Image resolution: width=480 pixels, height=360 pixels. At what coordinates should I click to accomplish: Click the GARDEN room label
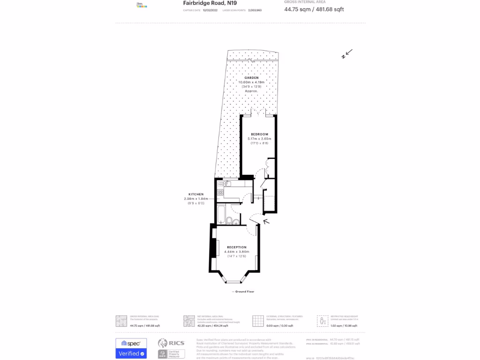point(251,78)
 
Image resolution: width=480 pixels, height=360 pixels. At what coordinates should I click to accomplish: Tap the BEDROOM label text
point(259,135)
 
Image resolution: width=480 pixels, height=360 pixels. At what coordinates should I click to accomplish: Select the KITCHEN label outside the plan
point(196,194)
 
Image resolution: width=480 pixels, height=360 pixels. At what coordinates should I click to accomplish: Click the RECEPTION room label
point(236,247)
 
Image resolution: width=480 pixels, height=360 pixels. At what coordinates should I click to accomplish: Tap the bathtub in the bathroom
point(220,213)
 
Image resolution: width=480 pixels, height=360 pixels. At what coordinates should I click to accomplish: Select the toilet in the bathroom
point(228,220)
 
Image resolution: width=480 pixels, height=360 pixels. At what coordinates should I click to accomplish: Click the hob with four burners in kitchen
point(220,192)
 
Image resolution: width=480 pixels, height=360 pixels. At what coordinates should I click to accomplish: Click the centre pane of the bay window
point(232,282)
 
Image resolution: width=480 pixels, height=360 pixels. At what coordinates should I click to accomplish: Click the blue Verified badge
point(131,353)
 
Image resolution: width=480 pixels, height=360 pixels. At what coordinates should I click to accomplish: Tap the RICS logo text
point(177,343)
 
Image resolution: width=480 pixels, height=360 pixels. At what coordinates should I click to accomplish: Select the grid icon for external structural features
point(258,321)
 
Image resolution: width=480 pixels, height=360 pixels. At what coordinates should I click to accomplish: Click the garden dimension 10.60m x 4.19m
point(251,82)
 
